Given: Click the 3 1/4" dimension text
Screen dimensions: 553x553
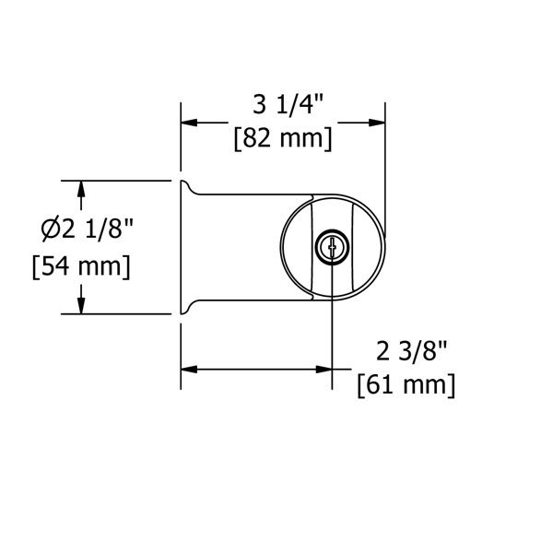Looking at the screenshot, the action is pyautogui.click(x=288, y=104).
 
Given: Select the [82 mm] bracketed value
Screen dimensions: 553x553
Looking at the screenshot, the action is pyautogui.click(x=283, y=139).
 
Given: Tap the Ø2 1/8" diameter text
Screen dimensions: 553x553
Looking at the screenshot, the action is pyautogui.click(x=87, y=229).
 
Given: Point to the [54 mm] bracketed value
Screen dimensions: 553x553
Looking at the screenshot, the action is pyautogui.click(x=81, y=267).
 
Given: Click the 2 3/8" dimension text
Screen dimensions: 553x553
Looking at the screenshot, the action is pyautogui.click(x=412, y=351).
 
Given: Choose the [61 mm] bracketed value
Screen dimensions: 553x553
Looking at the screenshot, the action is pyautogui.click(x=406, y=385).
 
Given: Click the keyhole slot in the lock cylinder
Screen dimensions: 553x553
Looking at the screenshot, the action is pyautogui.click(x=332, y=247).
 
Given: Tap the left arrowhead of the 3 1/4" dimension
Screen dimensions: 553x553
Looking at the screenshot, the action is pyautogui.click(x=189, y=123).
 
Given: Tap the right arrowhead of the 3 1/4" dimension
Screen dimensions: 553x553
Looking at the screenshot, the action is pyautogui.click(x=377, y=123).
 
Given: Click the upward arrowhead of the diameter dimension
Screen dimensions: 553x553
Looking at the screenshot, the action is pyautogui.click(x=81, y=189).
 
